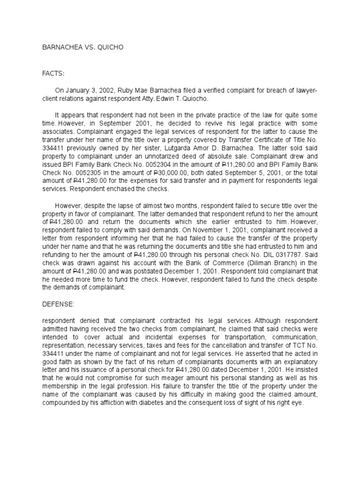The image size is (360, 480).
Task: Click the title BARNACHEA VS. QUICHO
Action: tap(83, 48)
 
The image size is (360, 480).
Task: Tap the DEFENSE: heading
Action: tap(58, 304)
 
